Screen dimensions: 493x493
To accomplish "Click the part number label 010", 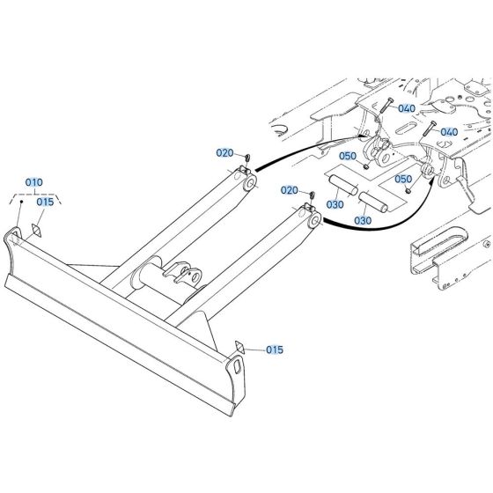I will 33,182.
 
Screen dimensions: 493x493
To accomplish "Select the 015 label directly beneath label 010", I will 46,202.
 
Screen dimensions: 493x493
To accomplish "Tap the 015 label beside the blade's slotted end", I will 275,350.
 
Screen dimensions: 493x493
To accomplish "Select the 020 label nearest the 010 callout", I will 225,152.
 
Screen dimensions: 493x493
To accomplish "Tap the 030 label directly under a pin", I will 335,204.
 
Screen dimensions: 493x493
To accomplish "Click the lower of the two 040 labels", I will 448,132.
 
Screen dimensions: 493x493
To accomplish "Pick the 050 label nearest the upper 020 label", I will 348,156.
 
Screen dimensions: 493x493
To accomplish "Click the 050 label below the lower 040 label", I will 403,179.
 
